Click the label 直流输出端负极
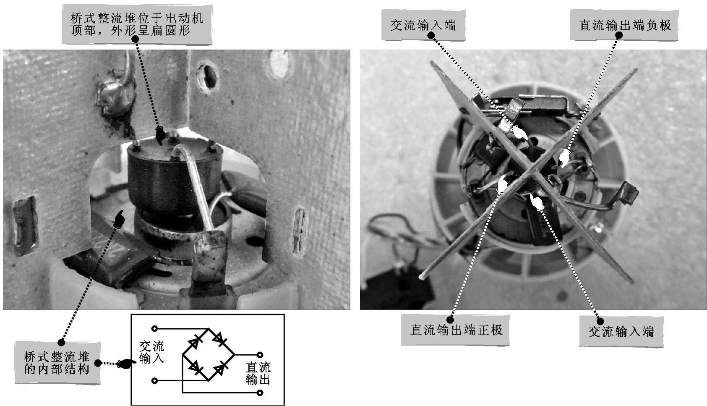[625, 25]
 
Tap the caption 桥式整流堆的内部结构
[57, 363]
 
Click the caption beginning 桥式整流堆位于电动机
[137, 24]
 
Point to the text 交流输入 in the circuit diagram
[151, 352]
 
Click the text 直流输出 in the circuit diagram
[258, 373]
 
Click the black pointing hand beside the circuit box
[126, 364]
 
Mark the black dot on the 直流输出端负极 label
[619, 35]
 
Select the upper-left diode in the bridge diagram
[195, 341]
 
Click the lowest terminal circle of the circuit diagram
[260, 393]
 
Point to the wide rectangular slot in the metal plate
[25, 226]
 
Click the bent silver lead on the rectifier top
[193, 186]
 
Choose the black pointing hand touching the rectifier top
[160, 136]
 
